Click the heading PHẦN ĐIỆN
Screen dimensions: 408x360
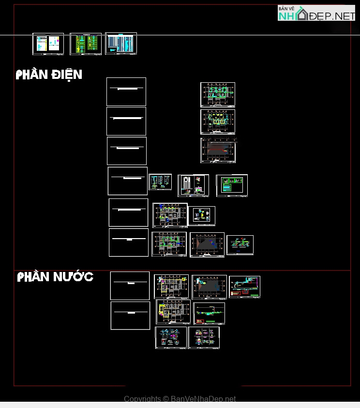click(x=49, y=75)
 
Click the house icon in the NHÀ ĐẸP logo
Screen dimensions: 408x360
click(x=302, y=15)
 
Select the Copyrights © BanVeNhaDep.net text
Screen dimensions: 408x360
click(x=180, y=399)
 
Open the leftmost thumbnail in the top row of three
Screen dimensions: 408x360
click(x=48, y=44)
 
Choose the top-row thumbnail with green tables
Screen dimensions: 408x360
click(x=86, y=44)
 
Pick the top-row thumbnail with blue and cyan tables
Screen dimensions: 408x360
click(x=121, y=44)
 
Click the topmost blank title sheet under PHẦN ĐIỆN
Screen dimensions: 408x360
click(x=126, y=91)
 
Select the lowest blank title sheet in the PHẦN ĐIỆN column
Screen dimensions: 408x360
click(x=129, y=242)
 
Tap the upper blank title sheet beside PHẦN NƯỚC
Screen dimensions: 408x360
click(x=130, y=286)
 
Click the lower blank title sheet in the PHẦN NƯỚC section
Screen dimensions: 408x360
click(x=130, y=316)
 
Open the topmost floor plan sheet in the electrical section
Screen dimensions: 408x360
click(x=218, y=94)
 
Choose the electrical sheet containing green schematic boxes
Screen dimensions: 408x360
click(x=232, y=185)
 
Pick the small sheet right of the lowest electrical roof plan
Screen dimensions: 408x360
click(x=240, y=245)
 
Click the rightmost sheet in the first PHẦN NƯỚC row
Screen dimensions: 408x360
click(x=244, y=287)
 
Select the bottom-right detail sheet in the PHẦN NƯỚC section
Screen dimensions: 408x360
click(x=204, y=337)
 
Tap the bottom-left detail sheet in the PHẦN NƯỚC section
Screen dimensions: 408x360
click(x=171, y=337)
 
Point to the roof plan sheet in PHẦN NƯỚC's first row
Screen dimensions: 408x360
click(x=209, y=287)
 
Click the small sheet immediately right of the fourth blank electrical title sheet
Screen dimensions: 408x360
click(x=160, y=182)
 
